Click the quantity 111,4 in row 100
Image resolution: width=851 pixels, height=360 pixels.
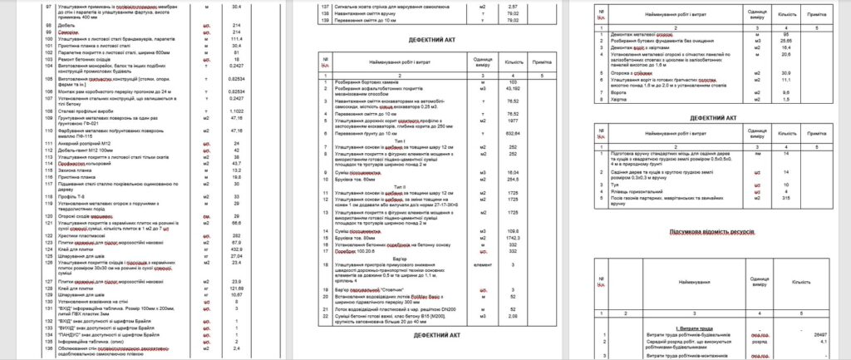[235, 38]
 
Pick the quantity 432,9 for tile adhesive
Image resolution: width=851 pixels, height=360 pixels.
[235, 249]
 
